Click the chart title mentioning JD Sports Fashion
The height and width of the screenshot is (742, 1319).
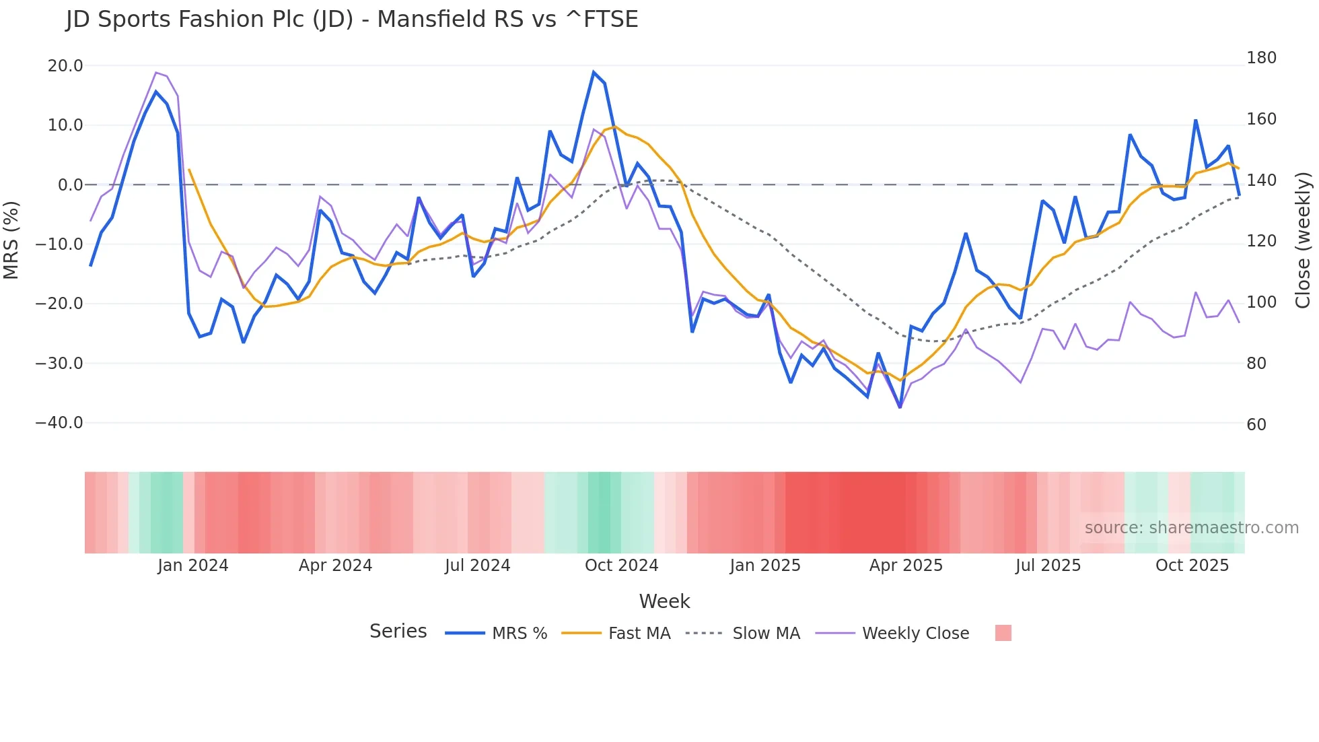point(352,20)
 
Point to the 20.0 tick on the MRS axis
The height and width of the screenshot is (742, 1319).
point(65,66)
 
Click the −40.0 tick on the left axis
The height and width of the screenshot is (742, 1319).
point(59,423)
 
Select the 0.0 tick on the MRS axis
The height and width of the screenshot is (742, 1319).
point(71,185)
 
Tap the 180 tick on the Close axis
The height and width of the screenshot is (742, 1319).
point(1261,58)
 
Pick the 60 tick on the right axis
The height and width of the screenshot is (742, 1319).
point(1256,425)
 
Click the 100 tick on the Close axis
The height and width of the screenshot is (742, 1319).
point(1261,302)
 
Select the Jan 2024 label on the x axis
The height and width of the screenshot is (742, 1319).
point(193,566)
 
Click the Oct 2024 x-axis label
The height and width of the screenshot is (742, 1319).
point(621,566)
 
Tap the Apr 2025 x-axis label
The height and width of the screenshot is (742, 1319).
point(906,566)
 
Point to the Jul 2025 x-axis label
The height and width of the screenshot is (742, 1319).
point(1048,566)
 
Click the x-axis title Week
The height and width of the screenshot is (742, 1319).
point(664,601)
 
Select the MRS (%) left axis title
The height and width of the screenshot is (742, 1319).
point(11,240)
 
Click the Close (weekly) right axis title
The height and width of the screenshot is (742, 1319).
point(1304,240)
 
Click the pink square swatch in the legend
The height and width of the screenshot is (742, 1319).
point(1003,633)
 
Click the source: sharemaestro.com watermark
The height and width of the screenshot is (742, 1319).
point(1191,528)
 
